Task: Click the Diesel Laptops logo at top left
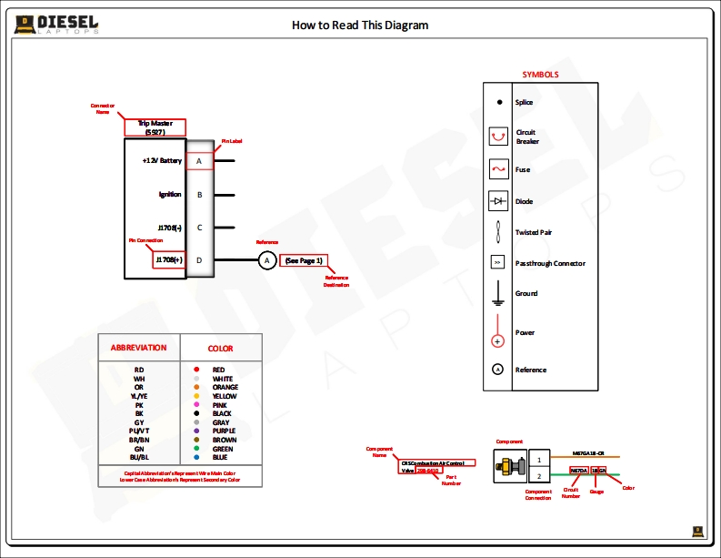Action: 56,25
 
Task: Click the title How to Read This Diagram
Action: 360,25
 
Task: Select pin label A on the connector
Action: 199,161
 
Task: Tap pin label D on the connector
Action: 199,261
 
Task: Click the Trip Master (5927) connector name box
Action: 155,127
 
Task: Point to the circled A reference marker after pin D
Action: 266,261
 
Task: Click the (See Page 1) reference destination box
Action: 303,261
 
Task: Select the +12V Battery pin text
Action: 162,161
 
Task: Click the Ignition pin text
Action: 170,195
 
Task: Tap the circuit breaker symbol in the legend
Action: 497,137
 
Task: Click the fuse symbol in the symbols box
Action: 497,169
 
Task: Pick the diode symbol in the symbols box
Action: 497,201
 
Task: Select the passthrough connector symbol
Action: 497,263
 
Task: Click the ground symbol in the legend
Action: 497,293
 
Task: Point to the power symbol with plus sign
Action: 497,340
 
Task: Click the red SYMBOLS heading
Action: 540,75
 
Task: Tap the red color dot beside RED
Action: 196,370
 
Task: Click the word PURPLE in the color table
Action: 224,431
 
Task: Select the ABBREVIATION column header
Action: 138,348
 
